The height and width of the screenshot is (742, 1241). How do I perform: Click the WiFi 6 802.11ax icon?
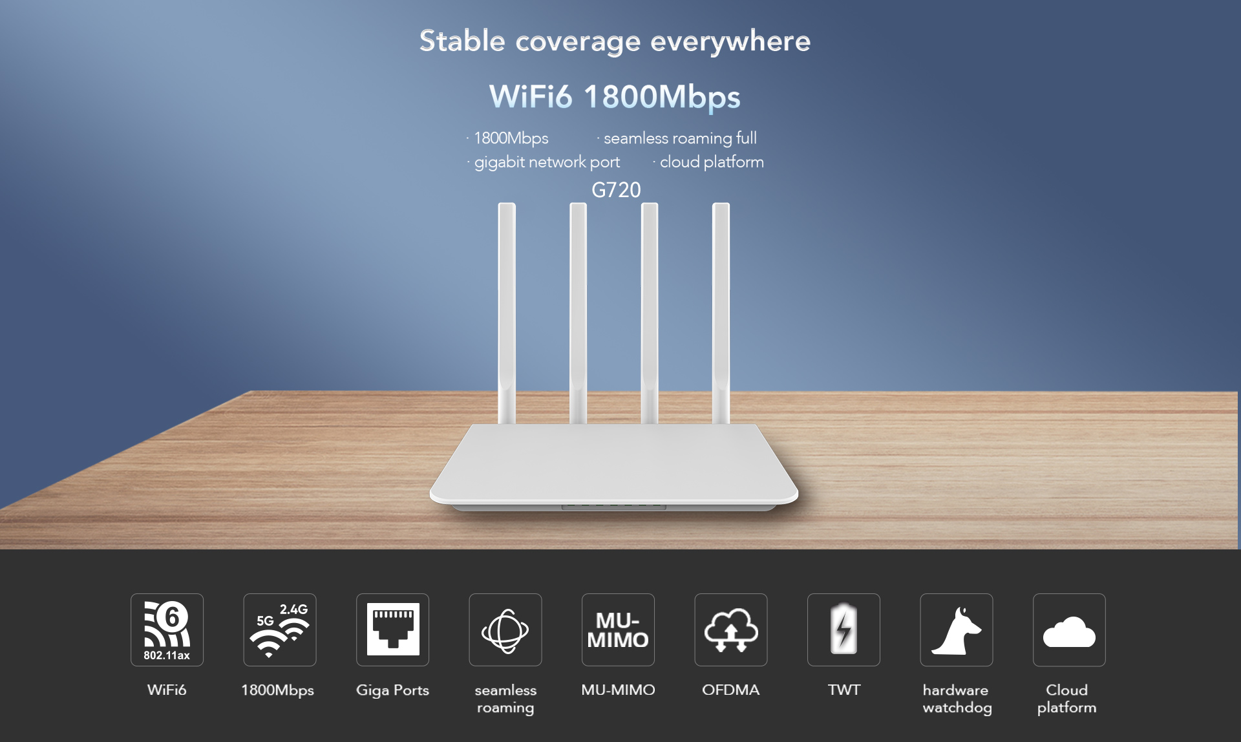[167, 630]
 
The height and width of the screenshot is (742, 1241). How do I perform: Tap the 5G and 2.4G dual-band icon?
[280, 630]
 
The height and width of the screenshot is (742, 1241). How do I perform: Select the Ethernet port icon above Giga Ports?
[392, 630]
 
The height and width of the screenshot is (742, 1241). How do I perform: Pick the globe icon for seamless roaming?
[505, 630]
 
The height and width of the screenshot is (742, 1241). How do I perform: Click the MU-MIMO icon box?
[618, 630]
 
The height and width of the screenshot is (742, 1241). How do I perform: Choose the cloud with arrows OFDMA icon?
[731, 630]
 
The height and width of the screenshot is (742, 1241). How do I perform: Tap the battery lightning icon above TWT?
[843, 630]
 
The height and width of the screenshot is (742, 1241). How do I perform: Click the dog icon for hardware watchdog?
[957, 630]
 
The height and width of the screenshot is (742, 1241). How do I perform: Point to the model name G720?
[616, 190]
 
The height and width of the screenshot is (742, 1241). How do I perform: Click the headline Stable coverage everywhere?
[615, 41]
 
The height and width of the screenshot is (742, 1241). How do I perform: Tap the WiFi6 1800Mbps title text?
[615, 97]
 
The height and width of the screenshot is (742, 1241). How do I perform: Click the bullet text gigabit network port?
[547, 162]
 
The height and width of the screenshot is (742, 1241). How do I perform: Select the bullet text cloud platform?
[712, 162]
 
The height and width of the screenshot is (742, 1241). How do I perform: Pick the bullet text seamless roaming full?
[680, 138]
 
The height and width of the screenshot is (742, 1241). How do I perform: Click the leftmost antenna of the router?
[507, 313]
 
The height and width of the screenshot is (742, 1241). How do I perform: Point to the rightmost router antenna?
[721, 313]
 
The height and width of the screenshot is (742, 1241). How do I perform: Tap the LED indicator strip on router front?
[613, 507]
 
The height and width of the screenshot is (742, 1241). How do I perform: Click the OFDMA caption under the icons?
[730, 690]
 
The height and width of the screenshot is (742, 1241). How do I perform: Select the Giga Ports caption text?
[392, 690]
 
